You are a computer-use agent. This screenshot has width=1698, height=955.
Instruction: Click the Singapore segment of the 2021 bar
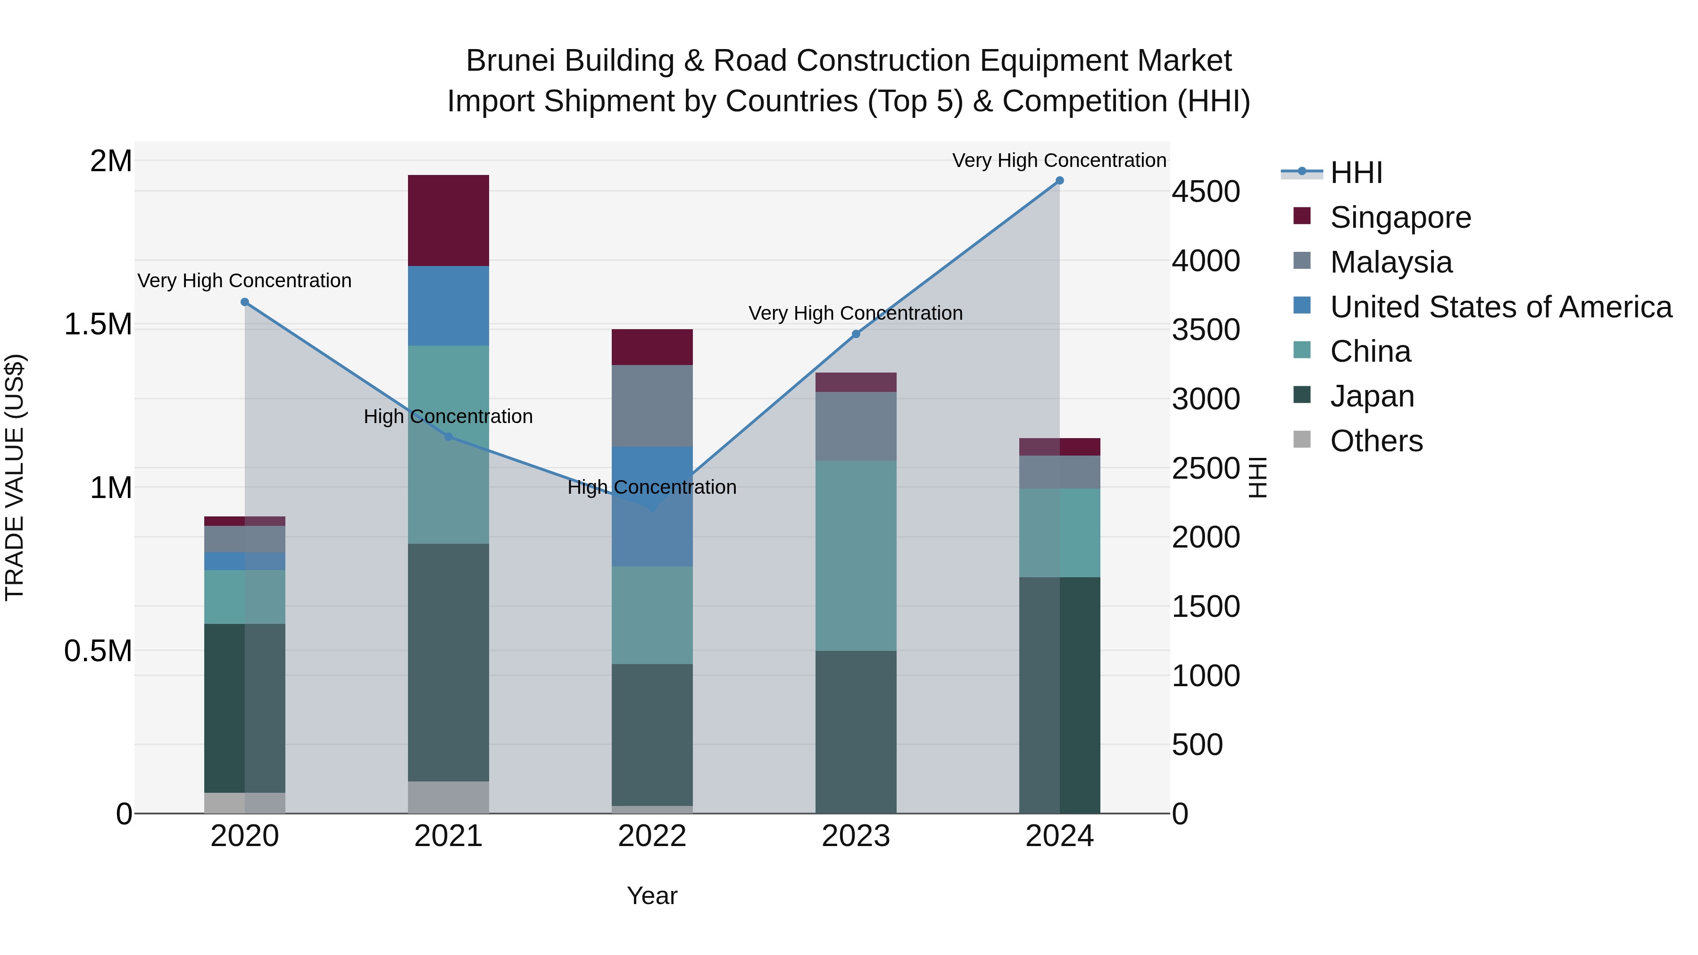(448, 220)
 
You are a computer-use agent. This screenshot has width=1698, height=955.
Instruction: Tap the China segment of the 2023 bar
(856, 555)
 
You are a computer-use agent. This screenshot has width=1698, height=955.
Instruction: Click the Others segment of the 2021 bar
(448, 797)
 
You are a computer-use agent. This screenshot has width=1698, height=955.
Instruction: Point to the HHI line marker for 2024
(1059, 181)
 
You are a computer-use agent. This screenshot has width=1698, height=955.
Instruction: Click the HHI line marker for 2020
(244, 302)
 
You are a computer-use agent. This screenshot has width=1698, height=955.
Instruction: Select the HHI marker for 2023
(856, 334)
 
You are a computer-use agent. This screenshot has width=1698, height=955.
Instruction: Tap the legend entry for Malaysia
(1391, 262)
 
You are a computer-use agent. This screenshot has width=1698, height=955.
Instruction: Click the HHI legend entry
(1356, 173)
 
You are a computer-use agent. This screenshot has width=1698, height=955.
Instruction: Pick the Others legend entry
(1376, 441)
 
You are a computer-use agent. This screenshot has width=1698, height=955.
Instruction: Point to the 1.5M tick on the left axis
(98, 324)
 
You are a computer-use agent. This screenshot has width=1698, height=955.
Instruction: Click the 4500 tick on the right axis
(1206, 192)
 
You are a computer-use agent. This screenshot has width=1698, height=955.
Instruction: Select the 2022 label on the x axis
(652, 836)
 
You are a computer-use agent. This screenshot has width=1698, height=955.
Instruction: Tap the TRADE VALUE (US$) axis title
(15, 477)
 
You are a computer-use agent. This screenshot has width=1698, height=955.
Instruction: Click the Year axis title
(652, 896)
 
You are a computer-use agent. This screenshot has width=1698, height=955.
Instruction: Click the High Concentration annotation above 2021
(448, 416)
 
